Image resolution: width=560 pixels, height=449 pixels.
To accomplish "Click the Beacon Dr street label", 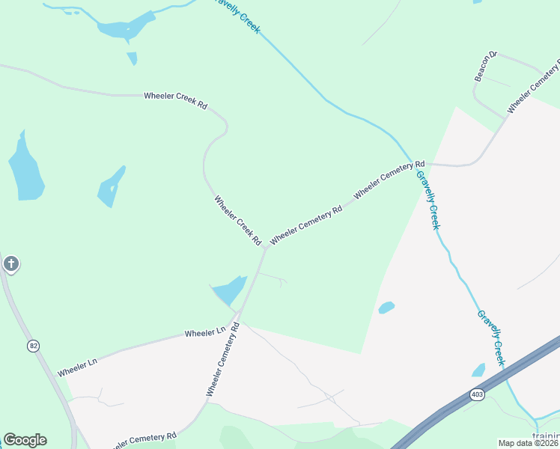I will coord(486,67).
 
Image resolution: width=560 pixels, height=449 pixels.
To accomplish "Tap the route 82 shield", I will coord(33,346).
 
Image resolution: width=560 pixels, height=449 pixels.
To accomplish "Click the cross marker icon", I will coord(10,263).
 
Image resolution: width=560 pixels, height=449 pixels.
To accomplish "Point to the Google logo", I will coord(25,440).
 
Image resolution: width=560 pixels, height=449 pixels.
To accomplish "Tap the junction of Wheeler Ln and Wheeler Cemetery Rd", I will coord(238,314).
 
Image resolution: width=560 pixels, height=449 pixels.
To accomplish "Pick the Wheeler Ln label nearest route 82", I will coord(78,366).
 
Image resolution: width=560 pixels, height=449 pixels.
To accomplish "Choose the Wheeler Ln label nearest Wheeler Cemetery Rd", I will coord(205,332).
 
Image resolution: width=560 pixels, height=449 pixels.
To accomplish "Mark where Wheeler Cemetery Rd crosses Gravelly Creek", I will coord(412,162).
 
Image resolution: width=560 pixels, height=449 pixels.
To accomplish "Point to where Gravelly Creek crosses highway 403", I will coord(507,372).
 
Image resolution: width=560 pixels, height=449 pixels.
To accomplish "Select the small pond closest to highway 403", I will coord(478,370).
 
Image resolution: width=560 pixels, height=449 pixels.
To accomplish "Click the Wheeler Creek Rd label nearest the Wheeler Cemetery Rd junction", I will coord(237,222).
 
